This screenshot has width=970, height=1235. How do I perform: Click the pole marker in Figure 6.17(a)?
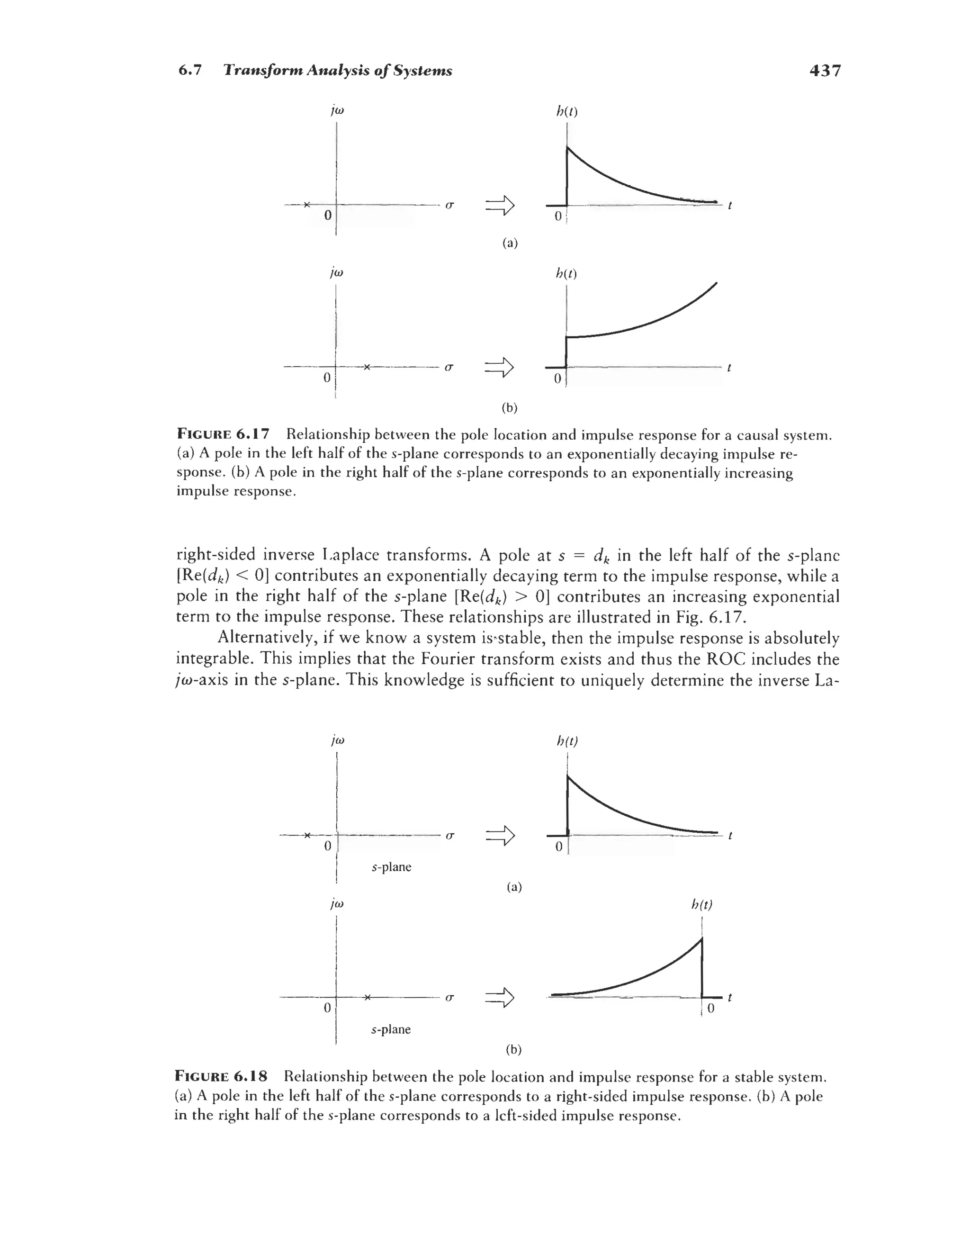point(306,204)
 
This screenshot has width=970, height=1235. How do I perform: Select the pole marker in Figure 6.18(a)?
point(306,835)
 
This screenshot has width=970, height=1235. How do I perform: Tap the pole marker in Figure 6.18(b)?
point(367,997)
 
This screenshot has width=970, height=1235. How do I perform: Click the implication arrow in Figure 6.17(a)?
point(499,206)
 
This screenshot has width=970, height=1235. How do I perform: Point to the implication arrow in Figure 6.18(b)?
point(499,998)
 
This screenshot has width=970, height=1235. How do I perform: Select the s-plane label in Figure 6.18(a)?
point(391,867)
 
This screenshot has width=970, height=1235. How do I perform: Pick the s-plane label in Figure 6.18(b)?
point(391,1029)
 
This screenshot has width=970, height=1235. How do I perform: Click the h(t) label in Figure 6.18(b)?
point(702,904)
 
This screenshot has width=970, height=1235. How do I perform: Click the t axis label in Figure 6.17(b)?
point(729,368)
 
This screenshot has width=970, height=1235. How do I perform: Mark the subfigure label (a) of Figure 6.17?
point(510,243)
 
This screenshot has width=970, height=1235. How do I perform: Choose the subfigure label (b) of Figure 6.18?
point(513,1050)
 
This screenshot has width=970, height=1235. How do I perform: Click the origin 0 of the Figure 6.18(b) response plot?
point(710,1009)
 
